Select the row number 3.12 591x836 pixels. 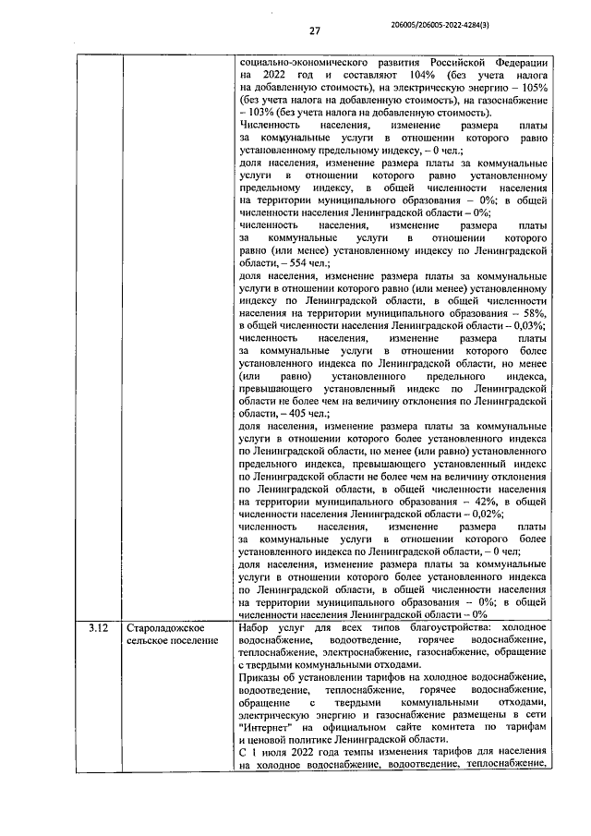coord(99,628)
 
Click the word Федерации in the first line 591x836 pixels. coord(513,60)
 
